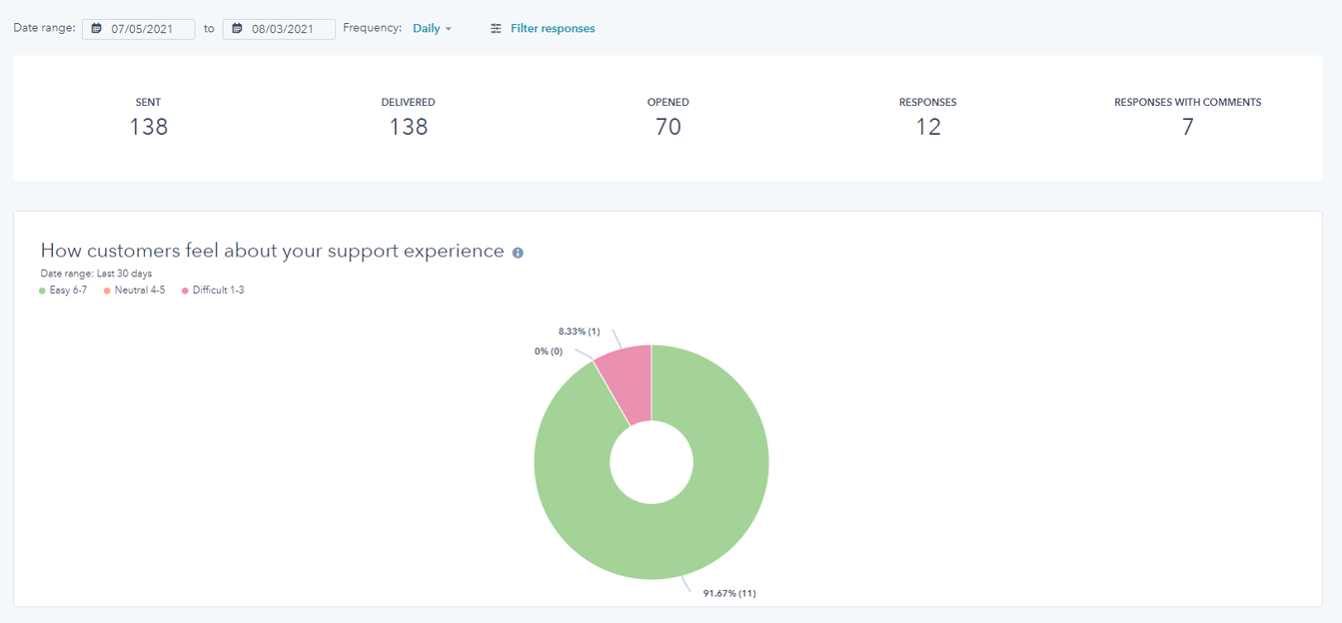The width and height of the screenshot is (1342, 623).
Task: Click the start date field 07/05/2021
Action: tap(139, 29)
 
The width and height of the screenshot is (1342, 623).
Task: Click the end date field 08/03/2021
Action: tap(279, 29)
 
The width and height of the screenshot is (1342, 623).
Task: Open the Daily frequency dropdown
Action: tap(432, 29)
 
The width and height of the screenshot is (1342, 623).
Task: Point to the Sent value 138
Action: tap(148, 127)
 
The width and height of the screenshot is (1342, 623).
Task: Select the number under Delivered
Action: tap(408, 127)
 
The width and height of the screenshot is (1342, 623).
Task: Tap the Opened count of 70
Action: tap(668, 127)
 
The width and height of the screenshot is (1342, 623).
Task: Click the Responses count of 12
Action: tap(927, 127)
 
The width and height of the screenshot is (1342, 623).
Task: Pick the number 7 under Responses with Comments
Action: tap(1187, 127)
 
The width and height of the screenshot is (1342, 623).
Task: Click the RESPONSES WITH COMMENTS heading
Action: tap(1187, 102)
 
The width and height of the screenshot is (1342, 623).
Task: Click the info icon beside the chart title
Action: tap(518, 253)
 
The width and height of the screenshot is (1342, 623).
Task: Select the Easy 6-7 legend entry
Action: tap(67, 291)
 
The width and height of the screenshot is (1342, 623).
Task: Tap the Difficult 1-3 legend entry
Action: tap(217, 291)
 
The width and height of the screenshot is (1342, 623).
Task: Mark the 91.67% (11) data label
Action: tap(729, 593)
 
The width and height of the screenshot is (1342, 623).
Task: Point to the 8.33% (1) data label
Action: tap(579, 330)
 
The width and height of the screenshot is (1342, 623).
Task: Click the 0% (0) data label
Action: tap(549, 351)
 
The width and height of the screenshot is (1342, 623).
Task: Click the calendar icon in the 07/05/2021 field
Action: tap(97, 29)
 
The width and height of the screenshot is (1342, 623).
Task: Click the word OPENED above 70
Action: tap(668, 102)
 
